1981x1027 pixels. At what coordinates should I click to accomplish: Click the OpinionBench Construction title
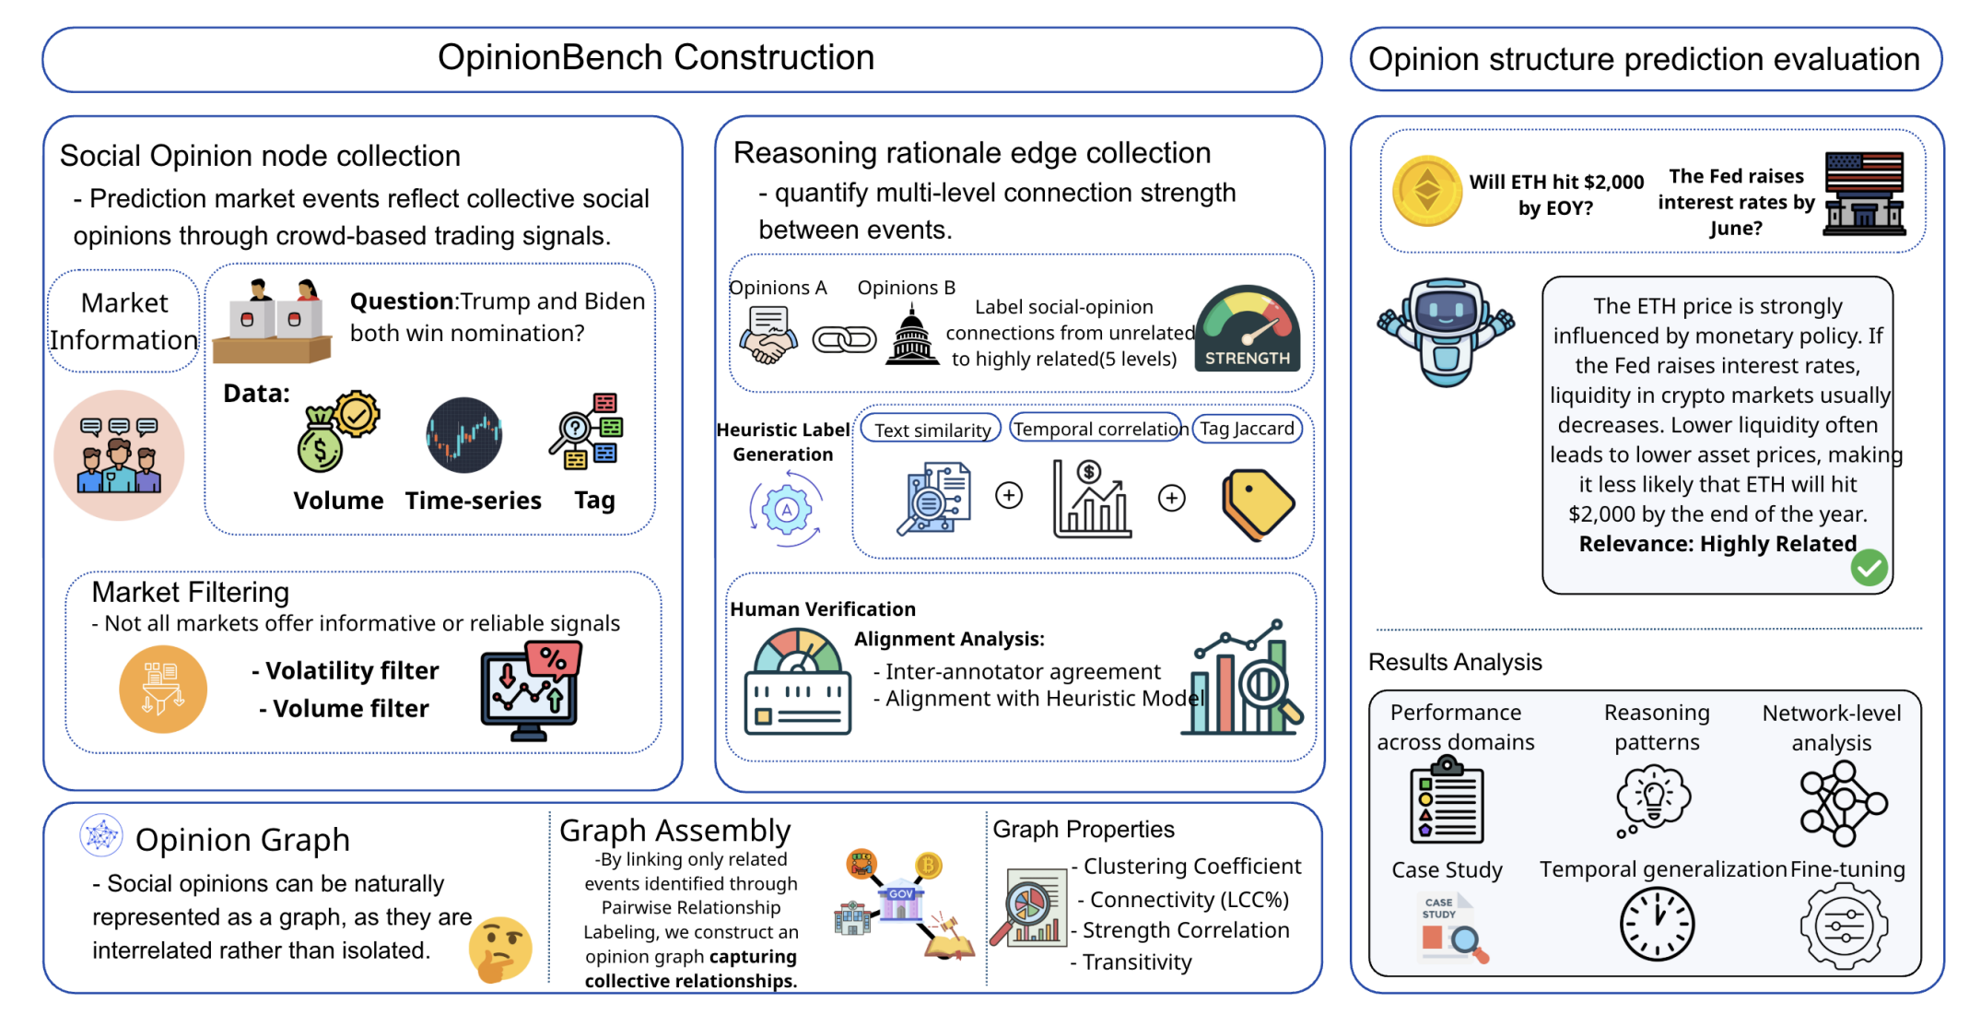tap(656, 57)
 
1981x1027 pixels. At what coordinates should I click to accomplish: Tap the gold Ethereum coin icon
tap(1426, 192)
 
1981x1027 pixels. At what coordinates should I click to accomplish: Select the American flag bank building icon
tap(1864, 194)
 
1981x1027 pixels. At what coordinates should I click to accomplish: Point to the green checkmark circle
tap(1869, 568)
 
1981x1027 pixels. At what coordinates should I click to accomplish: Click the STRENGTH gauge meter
tap(1247, 328)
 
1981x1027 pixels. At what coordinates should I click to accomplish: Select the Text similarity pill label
tap(931, 430)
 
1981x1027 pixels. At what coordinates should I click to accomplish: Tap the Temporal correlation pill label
tap(1098, 429)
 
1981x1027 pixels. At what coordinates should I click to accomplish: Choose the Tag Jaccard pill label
tap(1247, 429)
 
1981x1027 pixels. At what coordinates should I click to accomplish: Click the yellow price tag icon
tap(1258, 504)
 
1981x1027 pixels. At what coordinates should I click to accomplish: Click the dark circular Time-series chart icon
tap(464, 435)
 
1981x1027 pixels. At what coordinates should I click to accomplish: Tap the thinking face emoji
tap(500, 950)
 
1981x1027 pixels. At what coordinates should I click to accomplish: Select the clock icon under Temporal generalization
tap(1657, 925)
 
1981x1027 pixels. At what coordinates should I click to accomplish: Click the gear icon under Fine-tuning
tap(1844, 927)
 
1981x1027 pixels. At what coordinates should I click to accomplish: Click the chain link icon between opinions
tap(844, 340)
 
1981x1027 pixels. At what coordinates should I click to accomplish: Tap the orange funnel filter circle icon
tap(163, 690)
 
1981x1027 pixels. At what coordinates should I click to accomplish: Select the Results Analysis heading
tap(1455, 662)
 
